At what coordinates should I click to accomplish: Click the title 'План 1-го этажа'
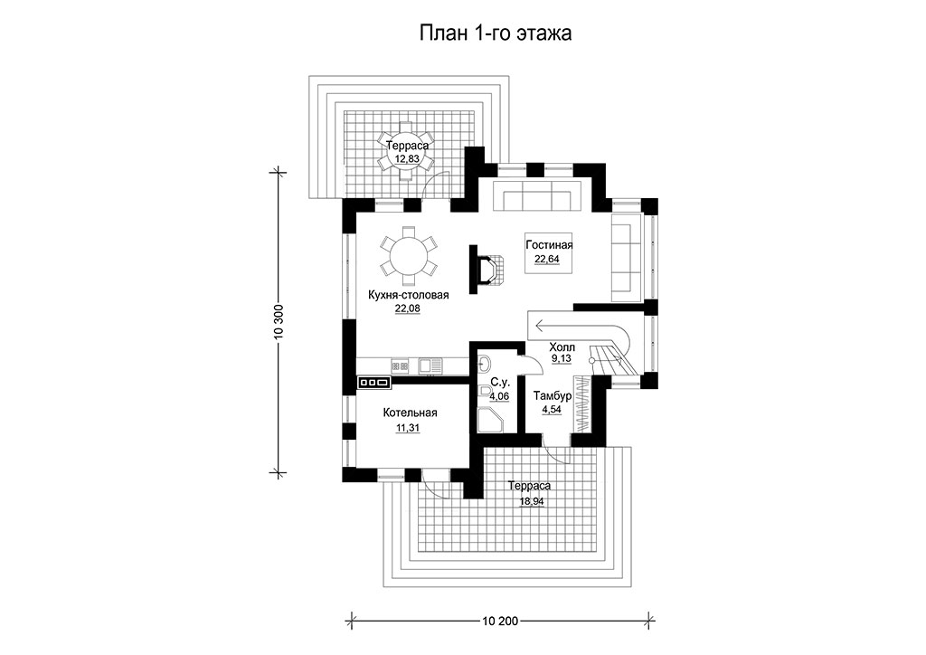pyautogui.click(x=495, y=33)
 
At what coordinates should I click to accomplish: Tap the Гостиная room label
pyautogui.click(x=549, y=244)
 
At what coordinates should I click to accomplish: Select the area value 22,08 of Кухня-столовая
pyautogui.click(x=408, y=309)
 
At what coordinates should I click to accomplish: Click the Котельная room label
pyautogui.click(x=410, y=413)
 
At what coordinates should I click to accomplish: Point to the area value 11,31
pyautogui.click(x=408, y=428)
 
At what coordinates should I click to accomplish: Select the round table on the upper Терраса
pyautogui.click(x=406, y=151)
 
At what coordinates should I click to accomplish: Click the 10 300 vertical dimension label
pyautogui.click(x=279, y=322)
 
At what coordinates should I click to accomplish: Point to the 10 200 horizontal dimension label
pyautogui.click(x=499, y=621)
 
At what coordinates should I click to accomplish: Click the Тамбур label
pyautogui.click(x=553, y=395)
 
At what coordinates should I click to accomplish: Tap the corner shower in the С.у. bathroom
pyautogui.click(x=489, y=418)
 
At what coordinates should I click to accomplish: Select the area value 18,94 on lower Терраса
pyautogui.click(x=532, y=501)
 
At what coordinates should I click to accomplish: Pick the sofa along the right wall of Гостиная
pyautogui.click(x=626, y=258)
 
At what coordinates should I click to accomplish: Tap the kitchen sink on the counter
pyautogui.click(x=430, y=365)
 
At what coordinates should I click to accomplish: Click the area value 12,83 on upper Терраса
pyautogui.click(x=408, y=159)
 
